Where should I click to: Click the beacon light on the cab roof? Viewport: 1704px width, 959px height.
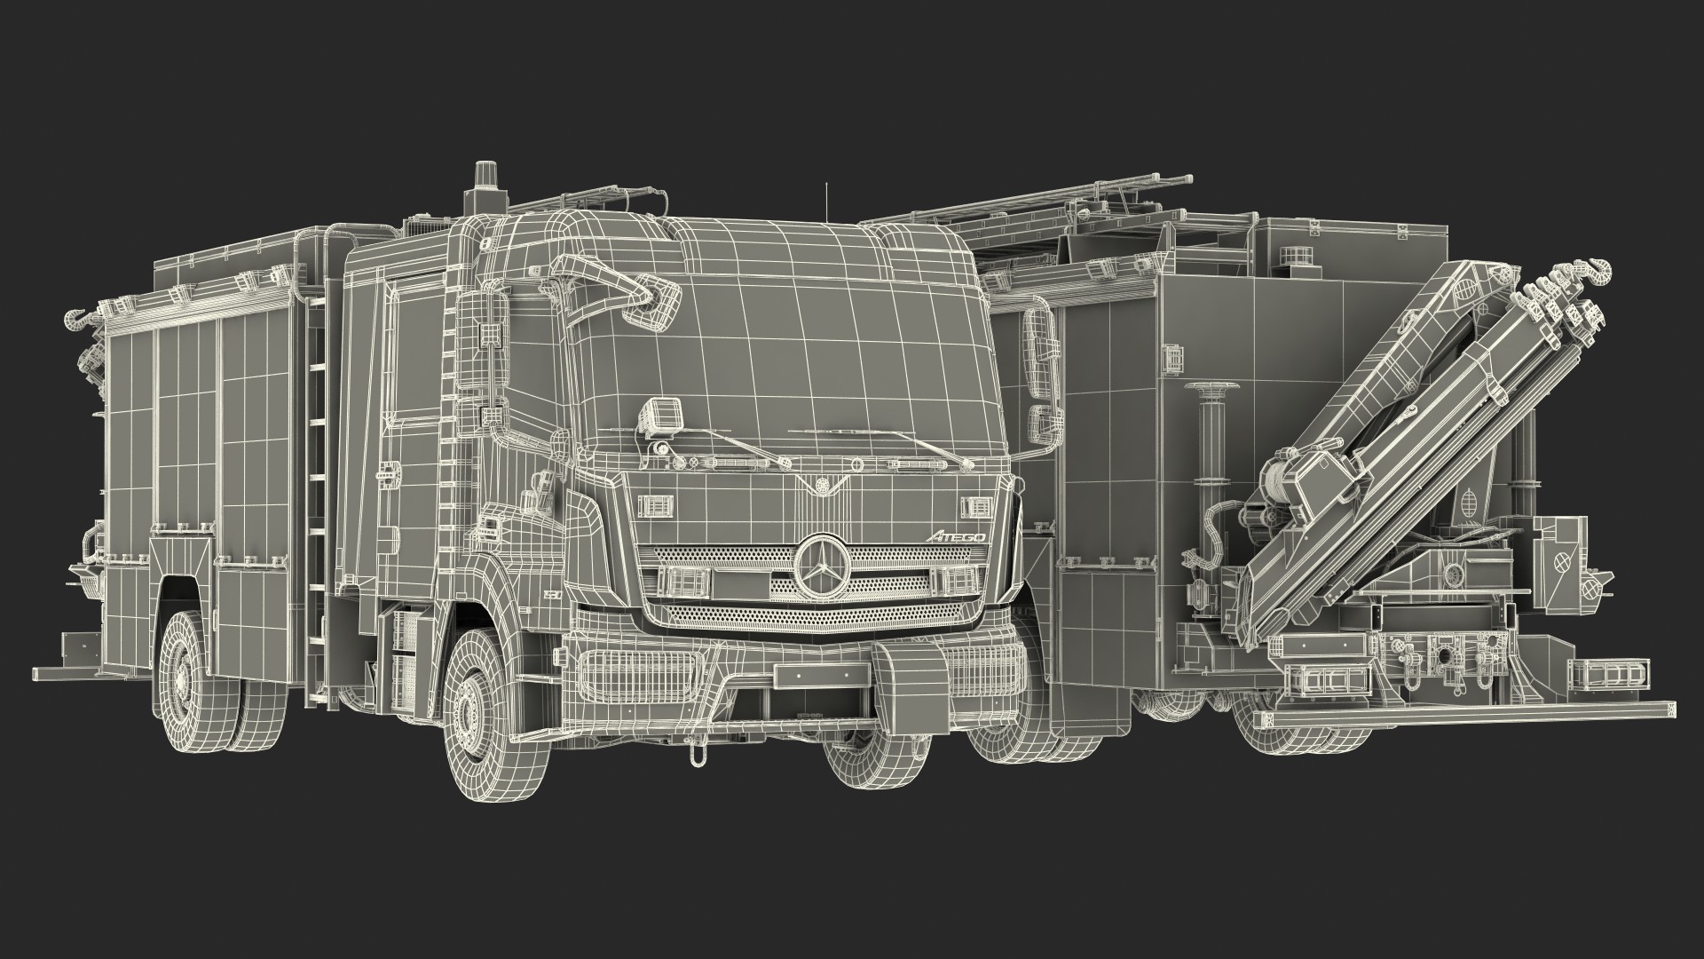(485, 186)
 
